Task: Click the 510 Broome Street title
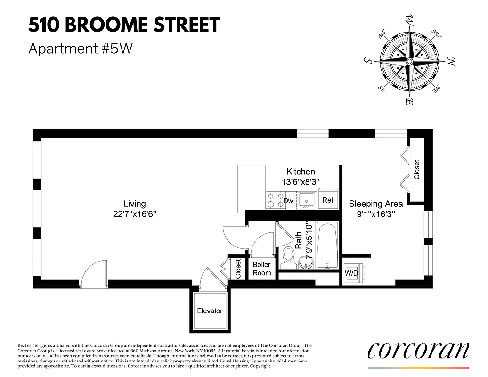tap(124, 25)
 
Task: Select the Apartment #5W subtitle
tap(81, 49)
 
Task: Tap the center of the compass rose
tap(409, 62)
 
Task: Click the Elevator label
tap(210, 311)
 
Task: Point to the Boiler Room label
tap(262, 269)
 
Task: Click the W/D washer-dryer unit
tap(351, 273)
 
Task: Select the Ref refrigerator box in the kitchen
tap(327, 200)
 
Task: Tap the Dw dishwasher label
tap(288, 201)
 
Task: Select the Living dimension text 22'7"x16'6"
tap(134, 213)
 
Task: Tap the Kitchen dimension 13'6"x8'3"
tap(301, 181)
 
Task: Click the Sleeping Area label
tap(375, 204)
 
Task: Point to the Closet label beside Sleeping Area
tap(416, 170)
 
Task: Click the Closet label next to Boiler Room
tap(238, 269)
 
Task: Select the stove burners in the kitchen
tap(274, 200)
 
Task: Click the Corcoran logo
tap(418, 350)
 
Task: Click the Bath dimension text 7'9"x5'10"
tap(309, 241)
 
